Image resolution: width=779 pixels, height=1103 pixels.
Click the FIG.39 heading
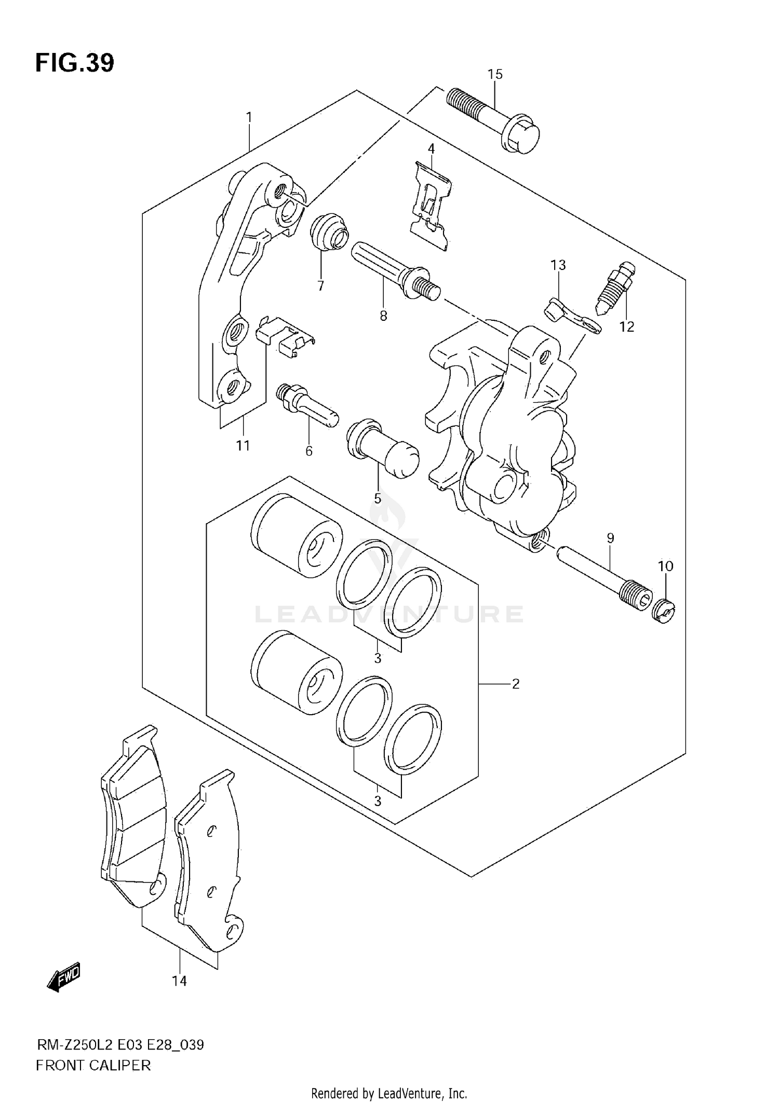point(75,63)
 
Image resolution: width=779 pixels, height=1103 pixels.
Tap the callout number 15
point(495,74)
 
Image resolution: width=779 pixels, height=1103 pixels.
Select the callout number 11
point(243,445)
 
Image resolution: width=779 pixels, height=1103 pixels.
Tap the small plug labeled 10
point(664,610)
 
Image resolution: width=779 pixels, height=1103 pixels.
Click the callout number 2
point(515,684)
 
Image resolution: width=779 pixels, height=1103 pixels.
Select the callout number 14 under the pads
point(179,981)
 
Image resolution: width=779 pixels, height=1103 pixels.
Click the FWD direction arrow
point(64,977)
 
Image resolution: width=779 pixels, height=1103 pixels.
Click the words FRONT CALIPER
point(93,1066)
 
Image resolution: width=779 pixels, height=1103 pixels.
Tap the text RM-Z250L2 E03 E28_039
point(120,1044)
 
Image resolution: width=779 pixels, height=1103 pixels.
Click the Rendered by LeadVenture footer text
point(389,1094)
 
